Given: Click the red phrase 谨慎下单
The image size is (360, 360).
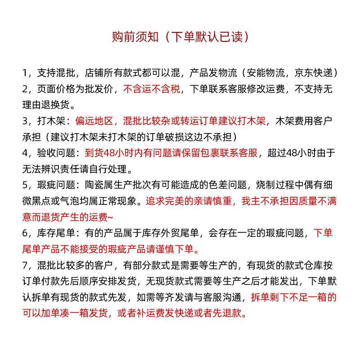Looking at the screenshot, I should coord(177,249).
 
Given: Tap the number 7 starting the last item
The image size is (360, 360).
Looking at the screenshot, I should coord(25,265).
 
